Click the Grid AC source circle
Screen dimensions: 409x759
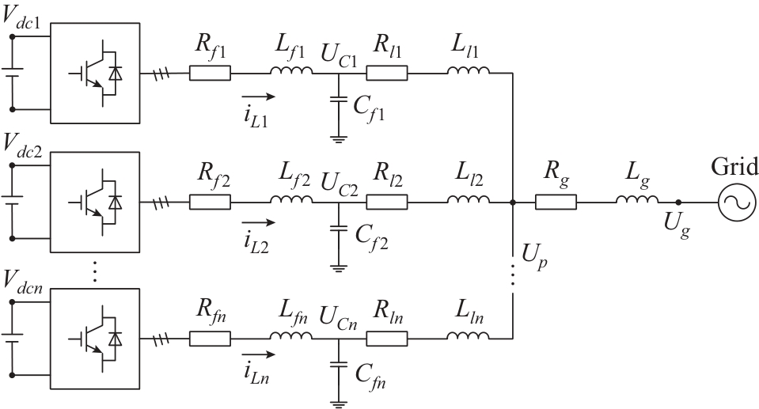(732, 203)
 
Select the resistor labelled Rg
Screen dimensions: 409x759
(556, 203)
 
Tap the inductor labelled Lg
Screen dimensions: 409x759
(637, 202)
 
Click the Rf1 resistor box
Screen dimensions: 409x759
(210, 74)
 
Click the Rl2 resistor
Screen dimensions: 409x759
(386, 203)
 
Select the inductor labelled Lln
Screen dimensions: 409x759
(468, 336)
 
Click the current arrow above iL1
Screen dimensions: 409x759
(260, 97)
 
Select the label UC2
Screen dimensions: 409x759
(338, 187)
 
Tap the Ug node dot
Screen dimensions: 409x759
(677, 203)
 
